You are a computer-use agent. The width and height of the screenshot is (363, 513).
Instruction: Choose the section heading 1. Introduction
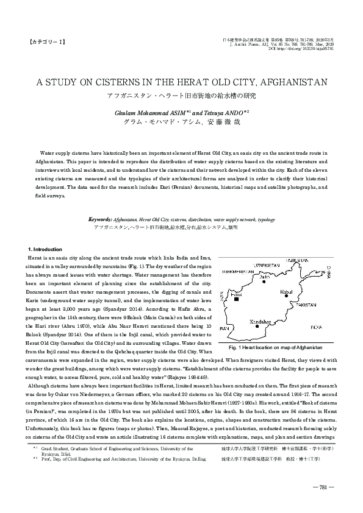point(45,250)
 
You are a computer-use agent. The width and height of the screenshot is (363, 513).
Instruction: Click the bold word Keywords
point(100,218)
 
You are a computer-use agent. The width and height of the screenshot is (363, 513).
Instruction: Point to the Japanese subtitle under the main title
point(181,95)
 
